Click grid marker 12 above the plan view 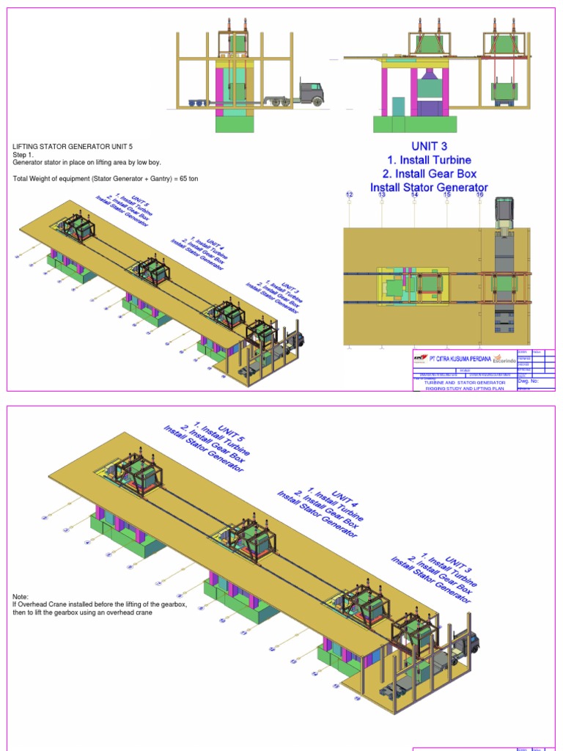[x=350, y=194]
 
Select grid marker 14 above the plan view [x=414, y=194]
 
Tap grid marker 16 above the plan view [x=480, y=194]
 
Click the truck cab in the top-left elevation [x=311, y=93]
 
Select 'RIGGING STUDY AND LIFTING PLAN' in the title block [x=465, y=389]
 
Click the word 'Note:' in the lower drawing [x=21, y=597]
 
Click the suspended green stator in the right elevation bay [x=504, y=91]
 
